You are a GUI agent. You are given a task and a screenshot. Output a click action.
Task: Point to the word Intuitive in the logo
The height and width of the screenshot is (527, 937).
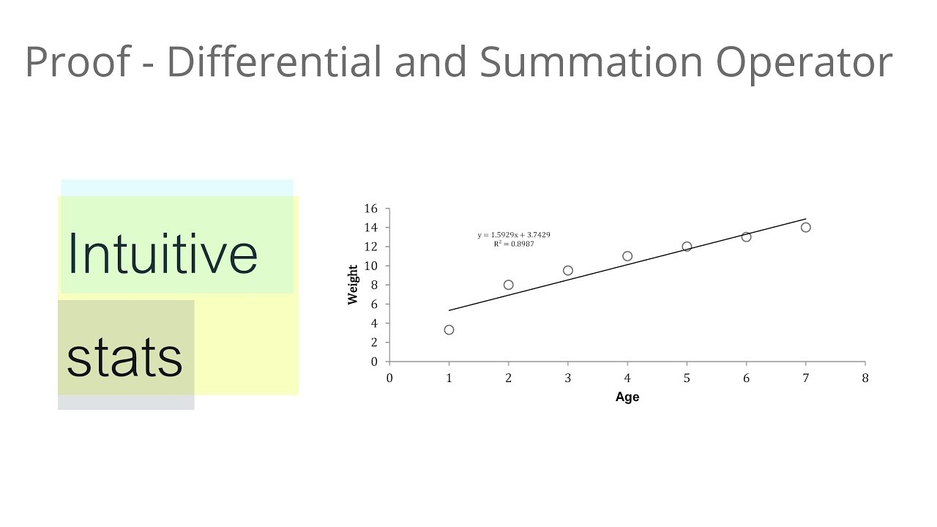[162, 253]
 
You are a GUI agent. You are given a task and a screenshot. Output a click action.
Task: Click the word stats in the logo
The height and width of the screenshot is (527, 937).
[124, 357]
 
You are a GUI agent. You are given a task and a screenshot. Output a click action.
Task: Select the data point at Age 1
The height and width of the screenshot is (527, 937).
[449, 330]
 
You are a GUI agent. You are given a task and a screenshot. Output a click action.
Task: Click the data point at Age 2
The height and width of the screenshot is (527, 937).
[508, 285]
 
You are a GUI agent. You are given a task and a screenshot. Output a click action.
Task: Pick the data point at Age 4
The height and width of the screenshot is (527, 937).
[627, 256]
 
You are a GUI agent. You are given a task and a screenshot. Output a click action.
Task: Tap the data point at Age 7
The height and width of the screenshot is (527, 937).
[805, 228]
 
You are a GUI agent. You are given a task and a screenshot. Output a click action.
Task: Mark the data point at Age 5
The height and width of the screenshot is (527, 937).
[687, 247]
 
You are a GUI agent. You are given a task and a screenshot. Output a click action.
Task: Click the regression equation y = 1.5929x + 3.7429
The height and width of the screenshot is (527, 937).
[514, 235]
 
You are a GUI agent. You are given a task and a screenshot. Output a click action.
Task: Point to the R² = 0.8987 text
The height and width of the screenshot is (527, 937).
[514, 244]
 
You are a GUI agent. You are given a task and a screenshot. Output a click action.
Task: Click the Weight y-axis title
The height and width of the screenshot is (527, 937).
[354, 285]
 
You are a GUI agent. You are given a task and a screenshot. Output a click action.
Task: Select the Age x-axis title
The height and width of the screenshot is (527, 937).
[627, 397]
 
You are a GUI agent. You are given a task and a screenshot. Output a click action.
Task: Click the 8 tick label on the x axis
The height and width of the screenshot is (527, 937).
[865, 378]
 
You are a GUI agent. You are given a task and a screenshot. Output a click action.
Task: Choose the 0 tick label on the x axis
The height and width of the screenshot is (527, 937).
[389, 378]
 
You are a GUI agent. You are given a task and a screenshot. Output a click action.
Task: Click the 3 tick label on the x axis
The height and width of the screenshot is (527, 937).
[568, 378]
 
